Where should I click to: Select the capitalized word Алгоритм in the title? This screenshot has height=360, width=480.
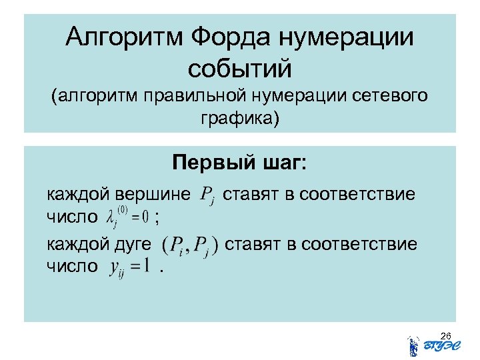[122, 37]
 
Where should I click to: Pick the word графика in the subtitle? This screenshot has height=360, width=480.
[237, 119]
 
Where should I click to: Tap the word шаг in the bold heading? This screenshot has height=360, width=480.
[281, 163]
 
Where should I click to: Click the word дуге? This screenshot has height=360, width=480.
[132, 245]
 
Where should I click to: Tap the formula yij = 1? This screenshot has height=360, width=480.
[133, 267]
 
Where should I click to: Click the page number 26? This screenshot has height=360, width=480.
[447, 335]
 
